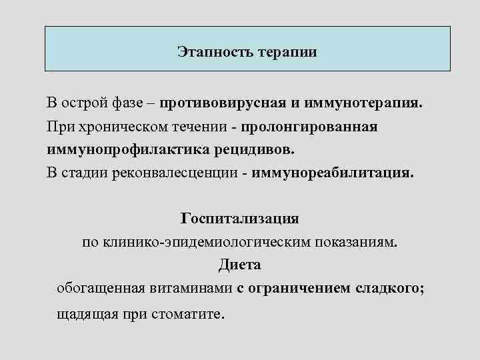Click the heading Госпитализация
[x=239, y=219]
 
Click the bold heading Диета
[x=239, y=265]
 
